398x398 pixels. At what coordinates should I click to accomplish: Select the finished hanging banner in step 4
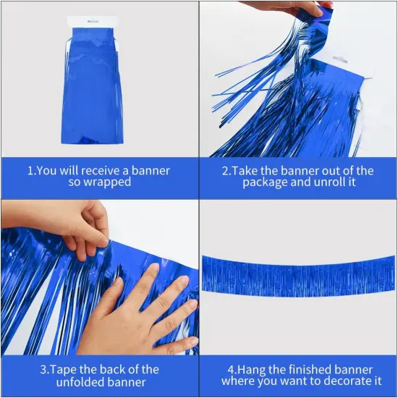298,275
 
